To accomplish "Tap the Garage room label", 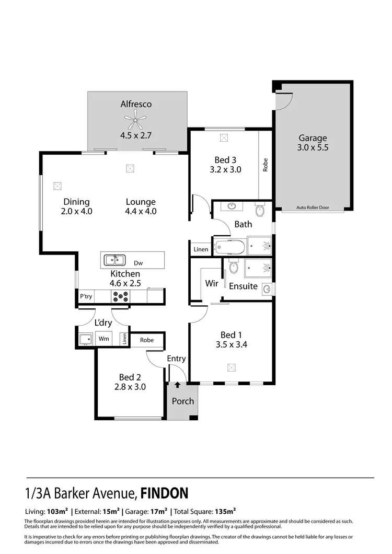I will click(313, 138).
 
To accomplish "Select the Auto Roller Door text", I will click(313, 207).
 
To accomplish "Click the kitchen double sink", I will click(113, 259).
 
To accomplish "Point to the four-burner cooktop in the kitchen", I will click(120, 296).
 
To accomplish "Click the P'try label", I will click(85, 296).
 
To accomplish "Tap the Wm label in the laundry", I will click(104, 339).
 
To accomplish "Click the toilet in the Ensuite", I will click(234, 268).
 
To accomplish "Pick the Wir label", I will click(211, 283).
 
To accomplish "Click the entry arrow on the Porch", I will click(178, 385).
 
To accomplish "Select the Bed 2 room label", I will click(129, 377).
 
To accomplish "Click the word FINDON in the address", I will click(164, 493).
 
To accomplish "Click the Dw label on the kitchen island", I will click(138, 263).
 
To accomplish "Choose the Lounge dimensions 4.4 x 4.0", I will click(141, 212).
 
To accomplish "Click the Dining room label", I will click(76, 202).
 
